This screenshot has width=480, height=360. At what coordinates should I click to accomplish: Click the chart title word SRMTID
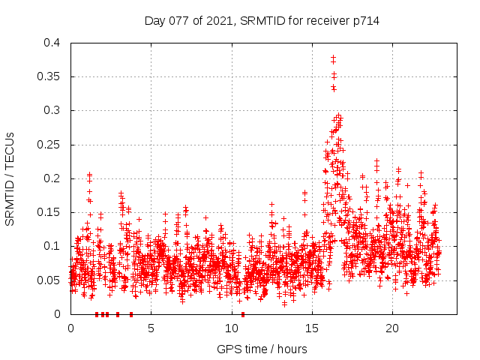click(259, 21)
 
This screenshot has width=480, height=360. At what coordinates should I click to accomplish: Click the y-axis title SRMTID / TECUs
click(10, 178)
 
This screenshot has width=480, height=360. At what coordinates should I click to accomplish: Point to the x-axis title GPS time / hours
click(262, 349)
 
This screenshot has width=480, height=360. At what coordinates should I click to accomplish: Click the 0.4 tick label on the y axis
click(51, 43)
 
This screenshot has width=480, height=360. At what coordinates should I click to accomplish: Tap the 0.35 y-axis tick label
click(48, 76)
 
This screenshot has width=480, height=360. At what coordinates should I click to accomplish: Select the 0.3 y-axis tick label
click(51, 110)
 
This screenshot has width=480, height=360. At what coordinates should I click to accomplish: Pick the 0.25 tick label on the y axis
click(48, 145)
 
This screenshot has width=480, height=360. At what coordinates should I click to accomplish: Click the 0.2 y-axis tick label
click(51, 178)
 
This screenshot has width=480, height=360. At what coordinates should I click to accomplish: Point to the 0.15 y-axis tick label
click(48, 212)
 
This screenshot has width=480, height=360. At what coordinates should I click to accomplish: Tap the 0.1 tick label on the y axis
click(51, 246)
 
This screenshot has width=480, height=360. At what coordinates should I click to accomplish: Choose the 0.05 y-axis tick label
click(48, 280)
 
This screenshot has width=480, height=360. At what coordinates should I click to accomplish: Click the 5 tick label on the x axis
click(151, 328)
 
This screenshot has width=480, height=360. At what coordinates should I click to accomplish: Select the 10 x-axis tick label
click(231, 328)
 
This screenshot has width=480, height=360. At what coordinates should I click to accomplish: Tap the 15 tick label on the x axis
click(311, 328)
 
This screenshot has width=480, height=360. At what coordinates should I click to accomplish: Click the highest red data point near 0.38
click(333, 57)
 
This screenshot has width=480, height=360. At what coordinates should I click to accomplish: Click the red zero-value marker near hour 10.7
click(243, 314)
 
